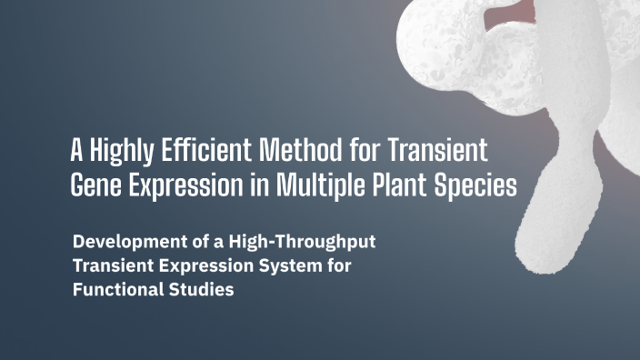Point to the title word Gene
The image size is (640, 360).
click(x=95, y=185)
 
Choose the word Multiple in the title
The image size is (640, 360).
click(x=313, y=185)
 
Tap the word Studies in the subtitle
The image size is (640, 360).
click(x=203, y=293)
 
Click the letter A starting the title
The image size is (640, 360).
click(x=77, y=148)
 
